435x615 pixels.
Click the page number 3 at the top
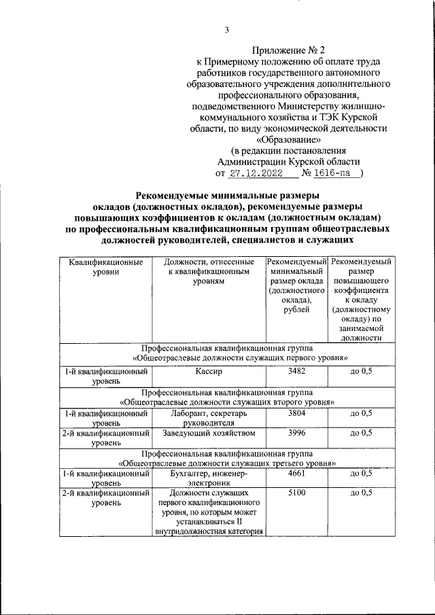[x=227, y=29]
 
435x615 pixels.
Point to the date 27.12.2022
[x=256, y=173]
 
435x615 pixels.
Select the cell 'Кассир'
[x=208, y=372]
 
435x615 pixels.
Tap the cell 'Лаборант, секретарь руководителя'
[x=208, y=417]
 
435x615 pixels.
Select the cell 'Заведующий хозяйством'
[x=208, y=433]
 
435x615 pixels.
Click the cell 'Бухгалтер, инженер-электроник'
[x=208, y=478]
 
